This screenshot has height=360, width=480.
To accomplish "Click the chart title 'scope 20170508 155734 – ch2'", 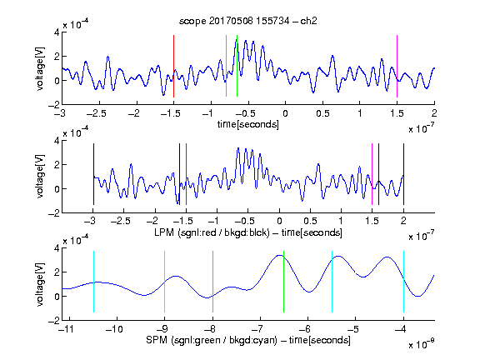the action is point(247,21).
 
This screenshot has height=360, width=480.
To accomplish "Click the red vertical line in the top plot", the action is point(173,66).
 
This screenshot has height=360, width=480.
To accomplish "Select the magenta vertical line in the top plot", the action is point(397,66).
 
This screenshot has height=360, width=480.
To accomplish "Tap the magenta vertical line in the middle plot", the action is point(372,174).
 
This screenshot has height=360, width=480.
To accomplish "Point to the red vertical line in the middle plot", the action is point(186,174).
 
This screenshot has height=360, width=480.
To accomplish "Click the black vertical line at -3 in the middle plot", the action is point(93,174).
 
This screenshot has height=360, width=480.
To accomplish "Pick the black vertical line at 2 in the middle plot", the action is point(403,174).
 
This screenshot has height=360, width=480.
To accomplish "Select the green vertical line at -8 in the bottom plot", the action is point(212,282).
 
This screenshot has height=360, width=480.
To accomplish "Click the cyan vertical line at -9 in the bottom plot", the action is point(164,282).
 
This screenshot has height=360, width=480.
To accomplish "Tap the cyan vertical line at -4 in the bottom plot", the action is point(403,282).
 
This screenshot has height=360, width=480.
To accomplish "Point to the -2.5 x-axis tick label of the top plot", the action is point(97,113).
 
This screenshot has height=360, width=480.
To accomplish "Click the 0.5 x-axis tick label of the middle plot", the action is point(310,221).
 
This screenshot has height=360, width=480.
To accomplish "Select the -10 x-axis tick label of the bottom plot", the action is point(114,329).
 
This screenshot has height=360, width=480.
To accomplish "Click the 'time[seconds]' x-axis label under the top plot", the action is point(248,124).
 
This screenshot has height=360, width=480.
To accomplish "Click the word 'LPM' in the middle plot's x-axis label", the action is point(164,232).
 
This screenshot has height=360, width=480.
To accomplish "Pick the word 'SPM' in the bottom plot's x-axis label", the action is point(157,340).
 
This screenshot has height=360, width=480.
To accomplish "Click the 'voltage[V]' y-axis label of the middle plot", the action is point(40,177).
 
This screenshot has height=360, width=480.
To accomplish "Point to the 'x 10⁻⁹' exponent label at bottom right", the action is point(421,344).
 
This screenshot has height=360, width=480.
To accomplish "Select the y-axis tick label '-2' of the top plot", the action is point(54,105).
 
